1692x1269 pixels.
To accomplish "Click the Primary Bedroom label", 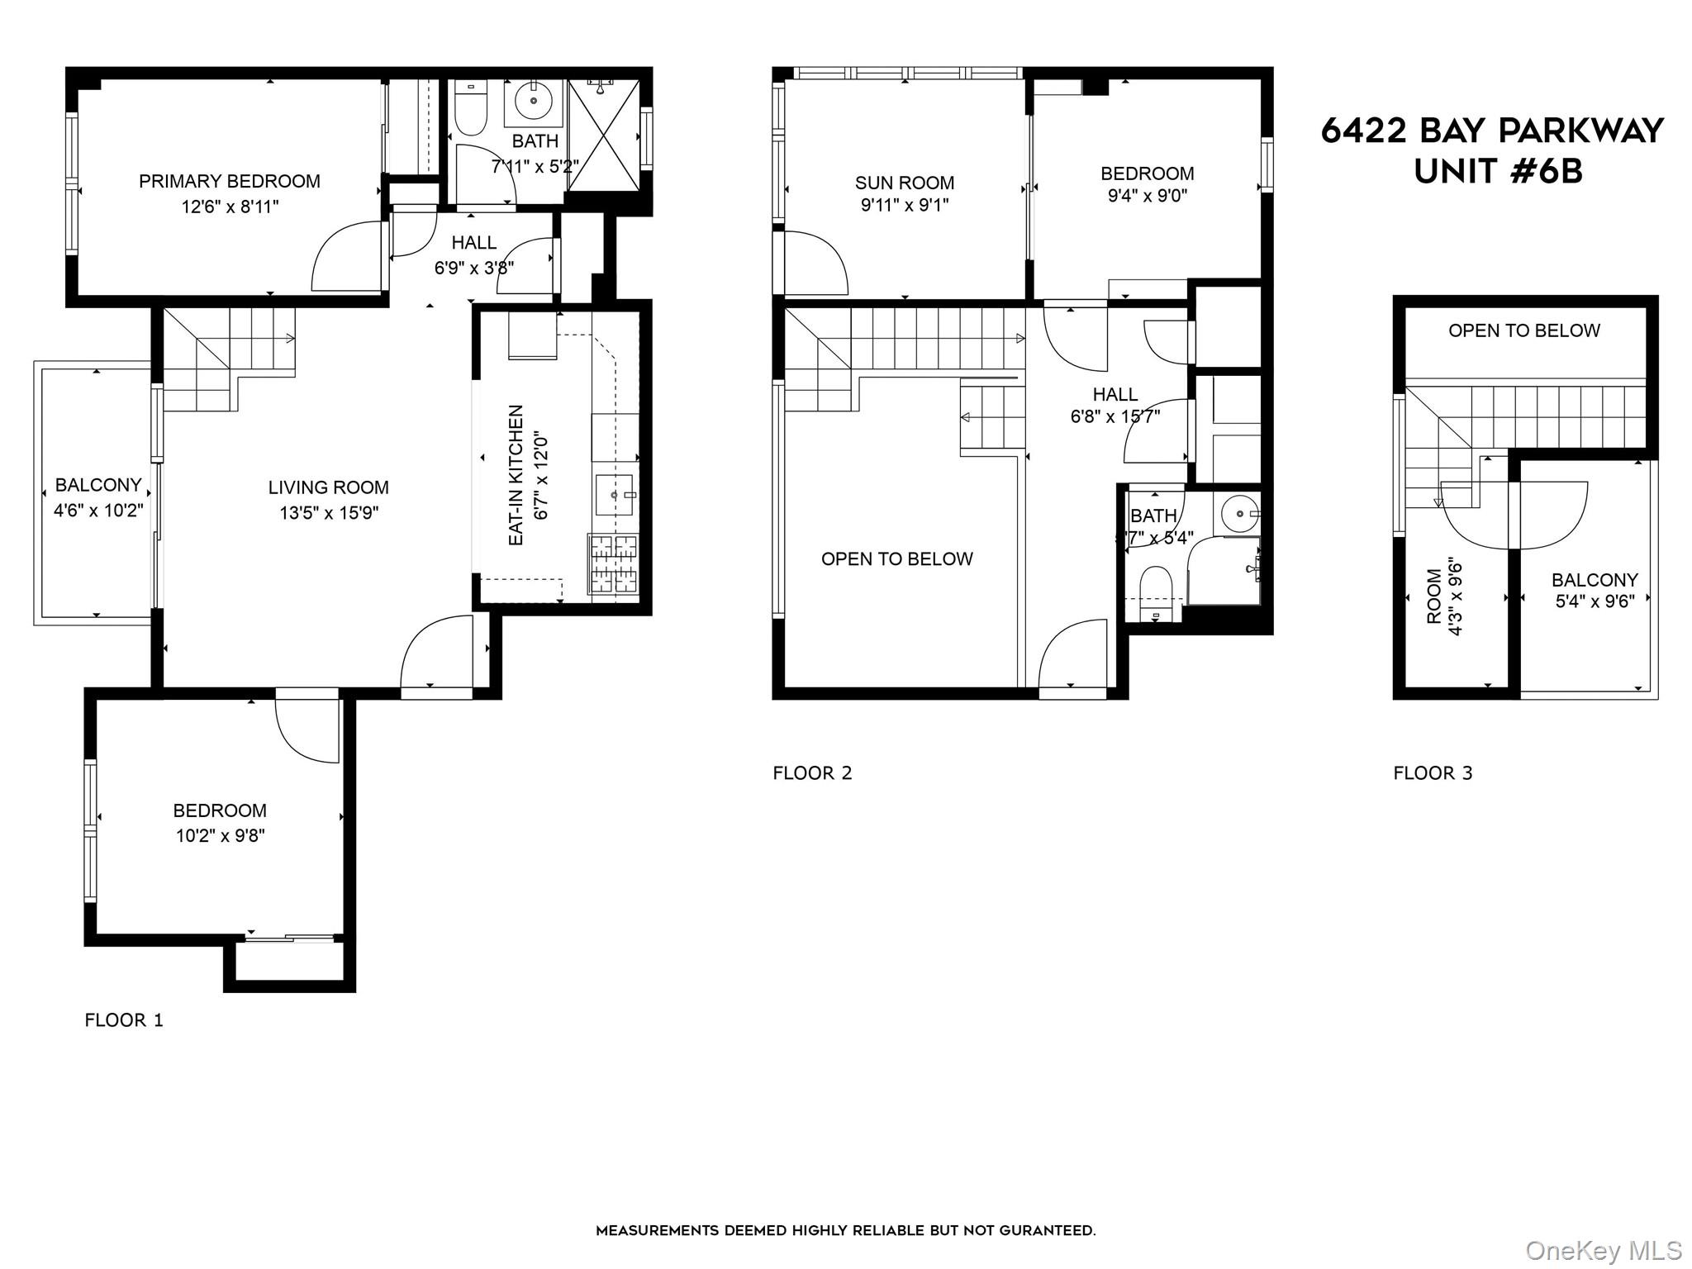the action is (x=230, y=181).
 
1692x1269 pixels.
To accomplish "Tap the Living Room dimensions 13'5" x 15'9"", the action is (x=329, y=513).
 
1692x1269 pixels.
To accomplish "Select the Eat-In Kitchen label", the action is (x=516, y=475).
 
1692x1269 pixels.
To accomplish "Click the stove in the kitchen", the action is (x=613, y=563).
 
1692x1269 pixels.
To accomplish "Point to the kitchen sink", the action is (x=614, y=495).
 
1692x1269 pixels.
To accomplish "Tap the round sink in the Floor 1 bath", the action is (x=534, y=102).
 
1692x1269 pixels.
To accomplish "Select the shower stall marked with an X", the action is (x=604, y=135).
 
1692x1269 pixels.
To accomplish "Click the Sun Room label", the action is (x=905, y=183).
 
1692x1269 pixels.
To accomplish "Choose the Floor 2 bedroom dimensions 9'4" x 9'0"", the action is (x=1148, y=196).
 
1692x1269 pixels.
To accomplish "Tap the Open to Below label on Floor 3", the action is (x=1524, y=330).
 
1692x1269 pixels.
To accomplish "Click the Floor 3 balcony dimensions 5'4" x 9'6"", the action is (x=1595, y=601).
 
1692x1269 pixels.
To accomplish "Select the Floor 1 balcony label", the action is (x=98, y=485).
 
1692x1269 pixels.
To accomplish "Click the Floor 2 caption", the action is (x=812, y=773).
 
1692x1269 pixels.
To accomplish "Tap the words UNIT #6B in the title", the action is (x=1498, y=171).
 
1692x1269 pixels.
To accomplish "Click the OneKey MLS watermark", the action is (x=1603, y=1250).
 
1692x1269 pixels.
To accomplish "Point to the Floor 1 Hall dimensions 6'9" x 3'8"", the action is (x=474, y=268).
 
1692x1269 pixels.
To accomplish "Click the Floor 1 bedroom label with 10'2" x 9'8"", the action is (x=220, y=810).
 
